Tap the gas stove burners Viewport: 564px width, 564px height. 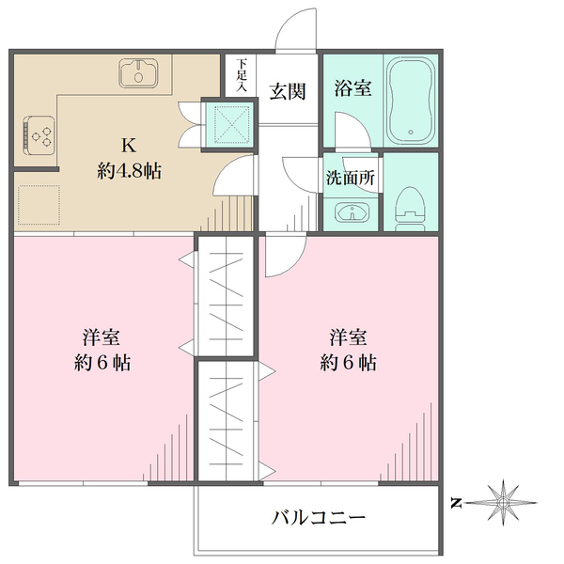39,137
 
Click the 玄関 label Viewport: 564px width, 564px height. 287,91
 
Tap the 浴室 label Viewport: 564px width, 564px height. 352,89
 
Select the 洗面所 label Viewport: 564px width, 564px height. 352,177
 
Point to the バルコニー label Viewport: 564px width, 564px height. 318,517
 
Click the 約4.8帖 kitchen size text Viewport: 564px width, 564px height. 129,171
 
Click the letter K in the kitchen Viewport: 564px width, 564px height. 129,146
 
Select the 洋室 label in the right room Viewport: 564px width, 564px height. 348,337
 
